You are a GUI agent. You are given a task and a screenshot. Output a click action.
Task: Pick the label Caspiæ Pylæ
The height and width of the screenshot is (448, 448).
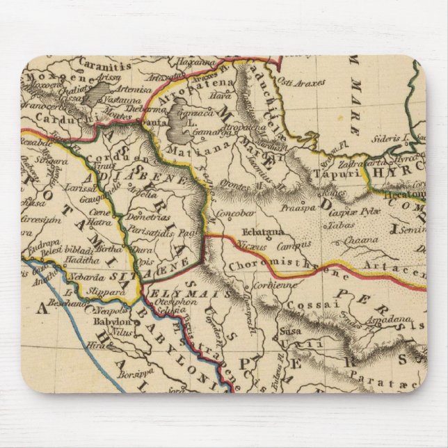[349, 209]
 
